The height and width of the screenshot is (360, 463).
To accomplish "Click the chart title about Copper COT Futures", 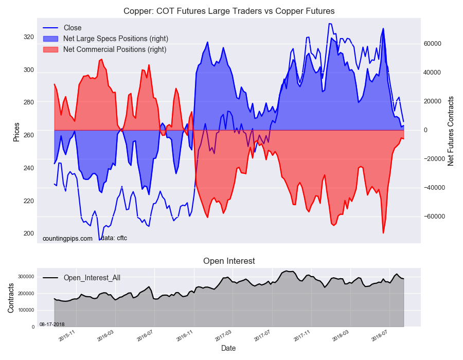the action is coord(229,11).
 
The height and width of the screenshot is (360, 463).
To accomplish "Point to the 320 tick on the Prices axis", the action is coord(29,37).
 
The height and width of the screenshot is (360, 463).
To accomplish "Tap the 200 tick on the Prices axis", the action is coord(29,233).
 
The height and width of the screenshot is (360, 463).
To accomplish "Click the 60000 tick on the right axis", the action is coord(432,44).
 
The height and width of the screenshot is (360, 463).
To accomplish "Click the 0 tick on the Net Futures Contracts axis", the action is coord(426,130).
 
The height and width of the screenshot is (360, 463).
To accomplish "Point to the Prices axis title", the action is coord(16,132).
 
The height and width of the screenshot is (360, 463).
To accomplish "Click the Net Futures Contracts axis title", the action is coord(450,131).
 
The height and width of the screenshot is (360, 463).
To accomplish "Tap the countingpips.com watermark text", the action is coord(67,239).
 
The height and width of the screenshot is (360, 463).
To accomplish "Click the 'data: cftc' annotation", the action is coord(114,238).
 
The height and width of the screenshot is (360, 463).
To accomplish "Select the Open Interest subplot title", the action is coord(229,261).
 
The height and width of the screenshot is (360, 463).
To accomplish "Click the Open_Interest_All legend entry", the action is coord(82,278).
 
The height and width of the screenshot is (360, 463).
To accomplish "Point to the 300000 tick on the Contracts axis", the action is coord(27,277).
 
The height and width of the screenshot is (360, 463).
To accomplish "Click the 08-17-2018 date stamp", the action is coord(52,325).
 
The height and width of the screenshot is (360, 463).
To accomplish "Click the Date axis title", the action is coord(228,348).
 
